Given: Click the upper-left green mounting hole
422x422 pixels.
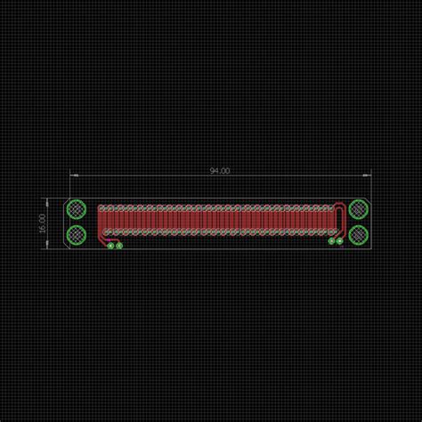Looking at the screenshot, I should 77,210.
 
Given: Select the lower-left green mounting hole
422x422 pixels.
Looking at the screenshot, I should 77,235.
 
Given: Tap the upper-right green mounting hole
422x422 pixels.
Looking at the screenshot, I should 358,209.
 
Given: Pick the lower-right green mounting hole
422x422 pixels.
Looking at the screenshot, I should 358,235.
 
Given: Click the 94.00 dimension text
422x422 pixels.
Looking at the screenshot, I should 219,169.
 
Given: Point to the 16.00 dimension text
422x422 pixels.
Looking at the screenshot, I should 41,223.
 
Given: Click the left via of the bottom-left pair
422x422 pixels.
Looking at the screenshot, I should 110,245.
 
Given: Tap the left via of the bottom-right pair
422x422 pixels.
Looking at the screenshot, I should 331,240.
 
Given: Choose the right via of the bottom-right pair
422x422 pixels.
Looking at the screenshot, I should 339,240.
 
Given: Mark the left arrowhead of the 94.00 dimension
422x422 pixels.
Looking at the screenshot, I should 72,174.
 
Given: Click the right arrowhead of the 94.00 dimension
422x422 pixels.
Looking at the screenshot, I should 368,174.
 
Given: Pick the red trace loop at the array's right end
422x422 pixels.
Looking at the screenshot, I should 344,214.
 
